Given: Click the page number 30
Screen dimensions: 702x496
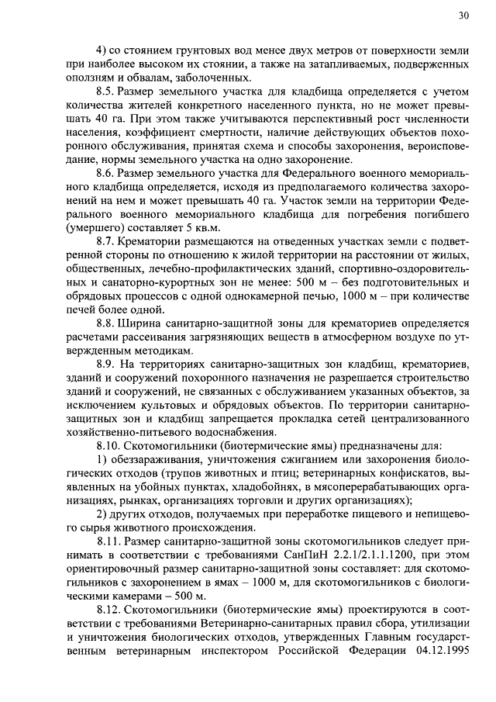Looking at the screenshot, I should click(x=463, y=15).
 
